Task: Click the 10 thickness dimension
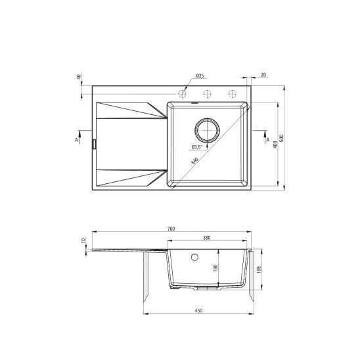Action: pos(83,241)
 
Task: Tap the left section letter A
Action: pos(76,139)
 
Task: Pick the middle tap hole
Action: pos(207,93)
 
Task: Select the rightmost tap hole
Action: pos(231,93)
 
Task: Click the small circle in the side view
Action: pos(194,257)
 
